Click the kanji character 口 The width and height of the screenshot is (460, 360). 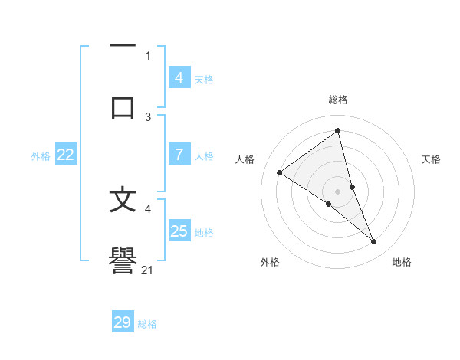click(123, 106)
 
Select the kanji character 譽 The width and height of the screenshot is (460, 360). click(123, 260)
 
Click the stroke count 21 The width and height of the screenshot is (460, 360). click(148, 270)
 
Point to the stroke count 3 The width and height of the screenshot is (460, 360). click(148, 116)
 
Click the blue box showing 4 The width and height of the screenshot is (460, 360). click(179, 78)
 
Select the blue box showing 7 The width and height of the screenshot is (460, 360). click(179, 155)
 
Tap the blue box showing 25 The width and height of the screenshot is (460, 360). click(179, 231)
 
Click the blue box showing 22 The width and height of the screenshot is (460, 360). click(65, 155)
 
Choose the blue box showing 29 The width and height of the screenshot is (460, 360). click(123, 322)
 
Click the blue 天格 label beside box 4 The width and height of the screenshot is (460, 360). click(204, 79)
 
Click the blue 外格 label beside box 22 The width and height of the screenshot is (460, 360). click(41, 155)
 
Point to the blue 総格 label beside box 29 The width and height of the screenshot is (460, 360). click(147, 324)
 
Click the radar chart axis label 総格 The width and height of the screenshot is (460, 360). click(338, 100)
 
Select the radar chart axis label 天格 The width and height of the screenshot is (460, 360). click(432, 159)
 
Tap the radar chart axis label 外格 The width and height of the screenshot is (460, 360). click(270, 262)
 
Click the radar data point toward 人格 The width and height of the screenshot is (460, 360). click(280, 172)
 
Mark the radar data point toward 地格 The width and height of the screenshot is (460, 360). click(374, 242)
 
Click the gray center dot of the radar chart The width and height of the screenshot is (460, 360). click(338, 191)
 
